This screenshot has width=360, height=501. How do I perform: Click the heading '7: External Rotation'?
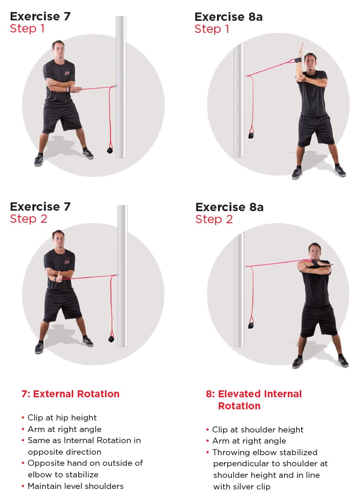[x=70, y=394]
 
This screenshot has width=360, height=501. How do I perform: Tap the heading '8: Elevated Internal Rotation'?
[x=254, y=400]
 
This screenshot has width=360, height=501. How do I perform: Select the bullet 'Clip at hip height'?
[x=62, y=418]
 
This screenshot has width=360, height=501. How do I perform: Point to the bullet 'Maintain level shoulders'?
[x=75, y=486]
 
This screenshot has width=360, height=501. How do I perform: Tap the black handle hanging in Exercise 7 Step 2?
[x=111, y=338]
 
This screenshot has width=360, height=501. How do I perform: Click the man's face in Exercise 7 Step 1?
[x=57, y=48]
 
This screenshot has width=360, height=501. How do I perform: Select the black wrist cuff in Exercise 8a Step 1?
[x=296, y=60]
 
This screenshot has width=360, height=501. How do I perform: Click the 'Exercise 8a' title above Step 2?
[x=229, y=207]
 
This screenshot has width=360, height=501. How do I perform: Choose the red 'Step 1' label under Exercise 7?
[x=28, y=29]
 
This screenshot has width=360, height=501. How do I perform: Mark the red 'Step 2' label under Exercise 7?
[x=28, y=219]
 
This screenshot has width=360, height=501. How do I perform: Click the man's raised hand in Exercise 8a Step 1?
[x=299, y=49]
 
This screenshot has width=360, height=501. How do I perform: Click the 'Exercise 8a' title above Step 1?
[x=229, y=17]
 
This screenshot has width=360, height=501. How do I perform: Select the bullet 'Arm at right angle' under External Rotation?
[x=64, y=429]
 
